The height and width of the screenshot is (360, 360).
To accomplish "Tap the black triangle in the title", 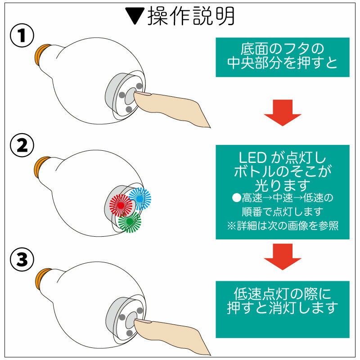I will pyautogui.click(x=134, y=17).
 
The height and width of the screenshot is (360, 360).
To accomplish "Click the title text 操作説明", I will pyautogui.click(x=189, y=16).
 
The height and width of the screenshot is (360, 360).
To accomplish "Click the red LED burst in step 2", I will pyautogui.click(x=120, y=205).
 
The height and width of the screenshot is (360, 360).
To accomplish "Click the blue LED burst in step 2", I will pyautogui.click(x=140, y=198).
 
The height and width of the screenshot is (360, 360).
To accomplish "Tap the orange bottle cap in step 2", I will pyautogui.click(x=42, y=166).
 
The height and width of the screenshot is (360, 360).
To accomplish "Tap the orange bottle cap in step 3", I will pyautogui.click(x=42, y=277).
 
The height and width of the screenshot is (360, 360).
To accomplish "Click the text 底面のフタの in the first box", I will pyautogui.click(x=283, y=48).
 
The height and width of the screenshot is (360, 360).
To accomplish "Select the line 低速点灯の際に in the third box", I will pyautogui.click(x=283, y=294).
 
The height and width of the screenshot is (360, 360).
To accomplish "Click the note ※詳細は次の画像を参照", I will pyautogui.click(x=283, y=225).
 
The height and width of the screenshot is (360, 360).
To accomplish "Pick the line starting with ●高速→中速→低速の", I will pyautogui.click(x=283, y=198).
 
